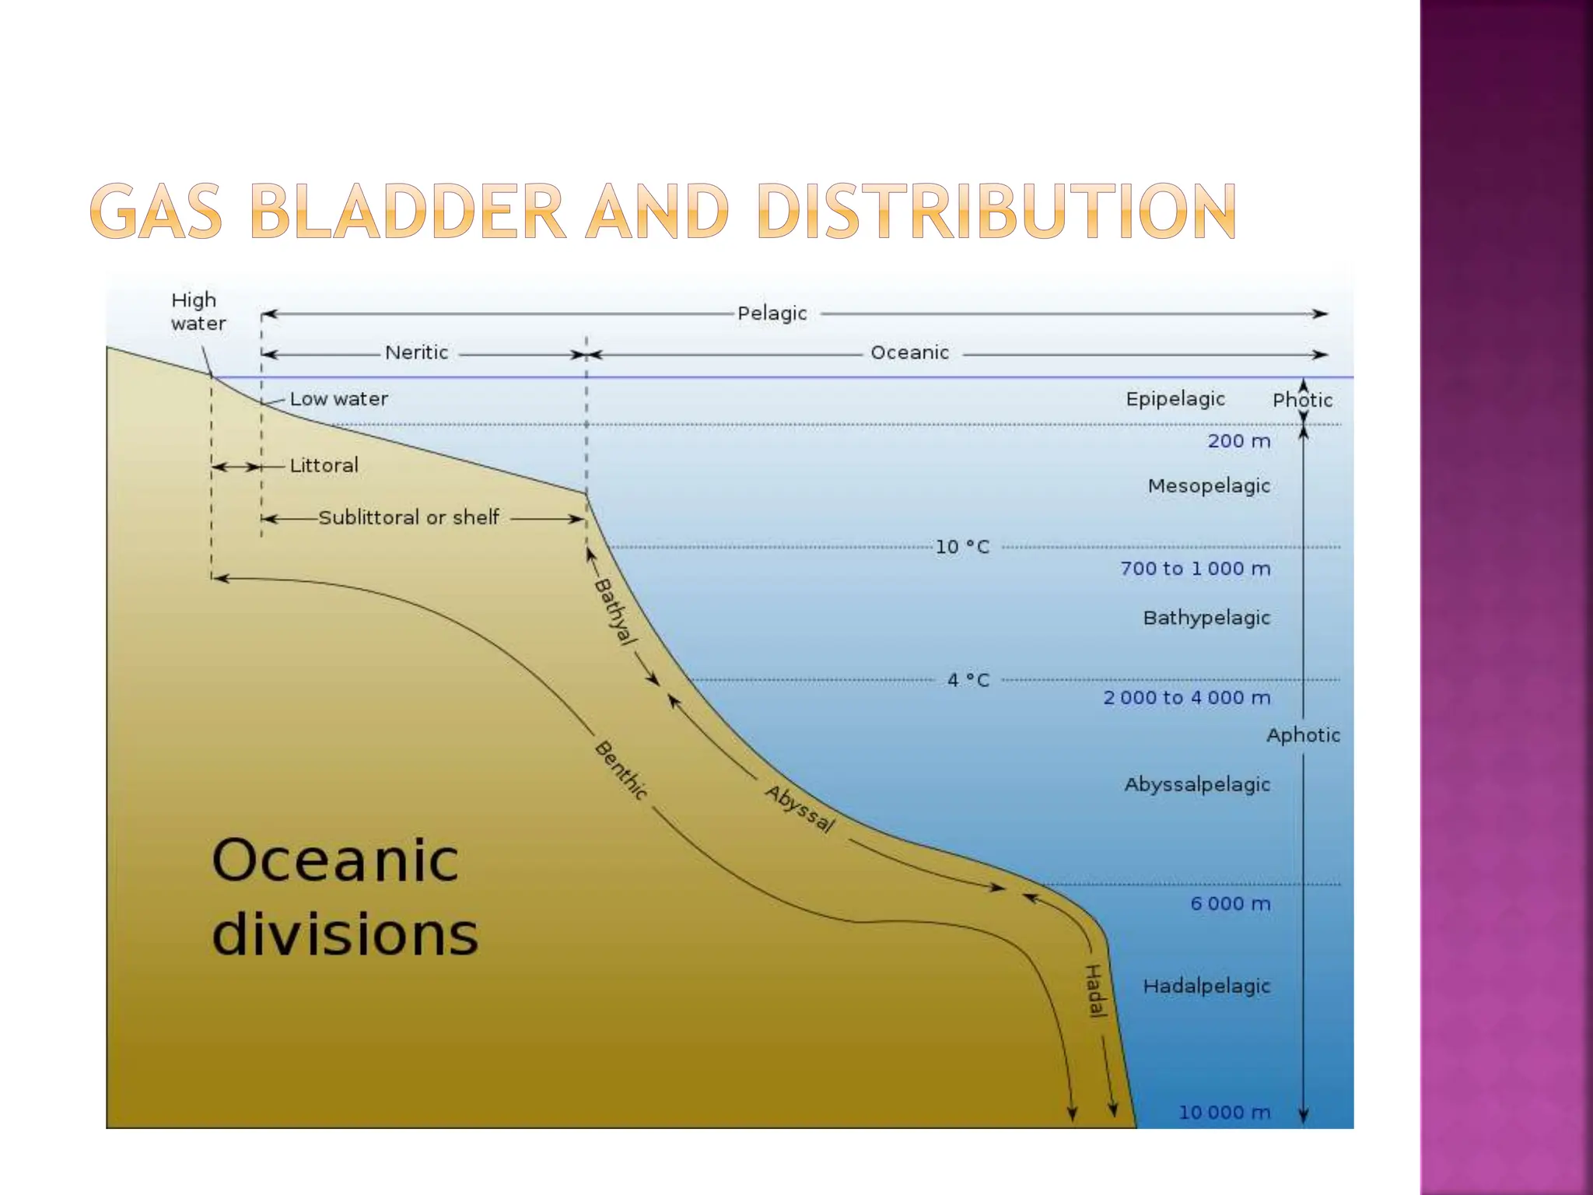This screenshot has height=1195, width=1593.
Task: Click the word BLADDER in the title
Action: coord(408,211)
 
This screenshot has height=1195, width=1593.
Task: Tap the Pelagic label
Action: coord(772,314)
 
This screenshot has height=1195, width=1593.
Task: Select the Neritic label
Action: coord(416,352)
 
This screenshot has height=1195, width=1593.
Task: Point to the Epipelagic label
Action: coord(1175,399)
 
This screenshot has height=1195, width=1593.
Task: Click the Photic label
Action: coord(1302,400)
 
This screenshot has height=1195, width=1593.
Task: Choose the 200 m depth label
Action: coord(1238,441)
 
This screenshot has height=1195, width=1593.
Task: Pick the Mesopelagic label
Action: coord(1209,486)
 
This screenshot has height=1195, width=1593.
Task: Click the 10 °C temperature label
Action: coord(962,547)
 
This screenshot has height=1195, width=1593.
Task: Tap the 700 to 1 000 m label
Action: coord(1195,569)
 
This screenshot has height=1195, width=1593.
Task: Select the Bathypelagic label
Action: coord(1206,618)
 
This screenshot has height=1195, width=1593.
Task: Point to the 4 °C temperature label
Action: coord(968,680)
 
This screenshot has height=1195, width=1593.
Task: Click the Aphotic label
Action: coord(1303,735)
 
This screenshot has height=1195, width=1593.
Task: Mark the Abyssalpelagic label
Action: coord(1196,784)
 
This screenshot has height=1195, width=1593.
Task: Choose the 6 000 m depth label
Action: coord(1230,904)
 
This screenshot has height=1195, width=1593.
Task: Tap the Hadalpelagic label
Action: coord(1206,986)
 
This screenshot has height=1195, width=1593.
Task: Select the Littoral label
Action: coord(324,465)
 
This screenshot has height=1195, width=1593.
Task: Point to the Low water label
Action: coord(338,399)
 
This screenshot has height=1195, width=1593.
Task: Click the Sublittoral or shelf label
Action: coord(408,517)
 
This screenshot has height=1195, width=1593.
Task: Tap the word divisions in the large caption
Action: coord(345,934)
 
